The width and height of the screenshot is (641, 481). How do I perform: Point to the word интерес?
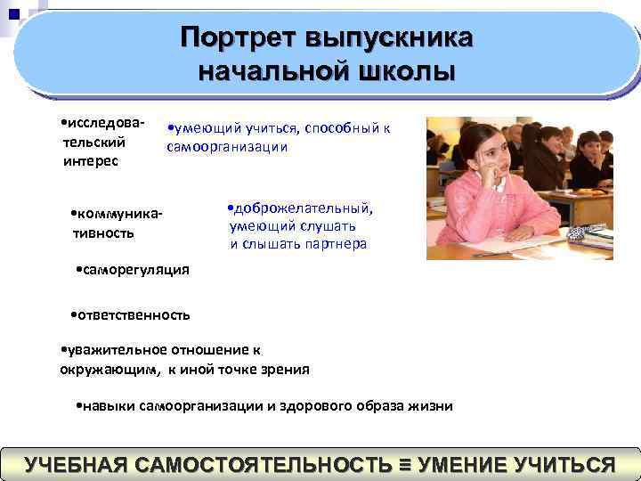click(91, 161)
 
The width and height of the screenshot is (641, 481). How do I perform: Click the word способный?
click(343, 128)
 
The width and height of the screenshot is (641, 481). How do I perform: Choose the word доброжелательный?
click(303, 208)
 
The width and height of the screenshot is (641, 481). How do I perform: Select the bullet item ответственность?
click(130, 315)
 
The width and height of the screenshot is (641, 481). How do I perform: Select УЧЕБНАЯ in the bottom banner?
click(79, 465)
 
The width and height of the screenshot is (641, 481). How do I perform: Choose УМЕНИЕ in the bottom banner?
click(461, 465)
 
